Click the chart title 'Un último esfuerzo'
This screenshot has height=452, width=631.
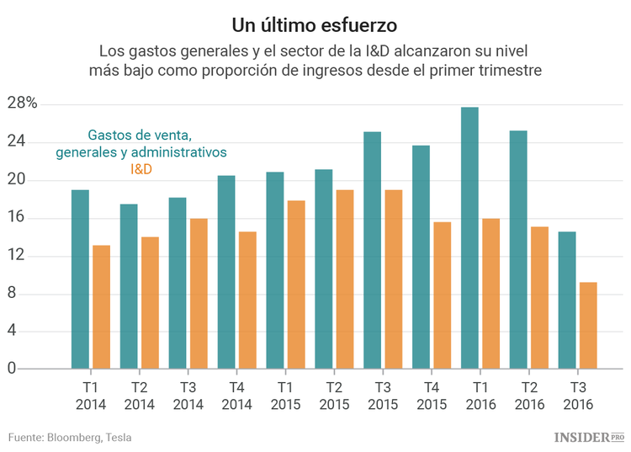pyautogui.click(x=315, y=19)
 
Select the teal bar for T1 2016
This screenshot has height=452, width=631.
pyautogui.click(x=469, y=237)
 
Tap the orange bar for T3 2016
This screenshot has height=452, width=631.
pyautogui.click(x=588, y=325)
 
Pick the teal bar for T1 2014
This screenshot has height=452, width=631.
pyautogui.click(x=80, y=279)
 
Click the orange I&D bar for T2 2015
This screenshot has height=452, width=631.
pyautogui.click(x=344, y=279)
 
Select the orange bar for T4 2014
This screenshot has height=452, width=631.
pyautogui.click(x=247, y=300)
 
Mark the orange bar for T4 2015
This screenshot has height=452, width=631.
pyautogui.click(x=442, y=295)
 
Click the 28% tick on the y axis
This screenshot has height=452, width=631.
pyautogui.click(x=23, y=104)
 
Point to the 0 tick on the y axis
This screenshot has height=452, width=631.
pyautogui.click(x=12, y=368)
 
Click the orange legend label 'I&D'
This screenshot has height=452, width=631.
pyautogui.click(x=141, y=169)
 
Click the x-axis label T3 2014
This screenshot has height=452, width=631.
pyautogui.click(x=188, y=396)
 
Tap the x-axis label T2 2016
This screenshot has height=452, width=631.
pyautogui.click(x=529, y=396)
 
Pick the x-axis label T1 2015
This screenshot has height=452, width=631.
pyautogui.click(x=285, y=396)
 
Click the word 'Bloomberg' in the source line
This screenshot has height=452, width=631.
pyautogui.click(x=73, y=437)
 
